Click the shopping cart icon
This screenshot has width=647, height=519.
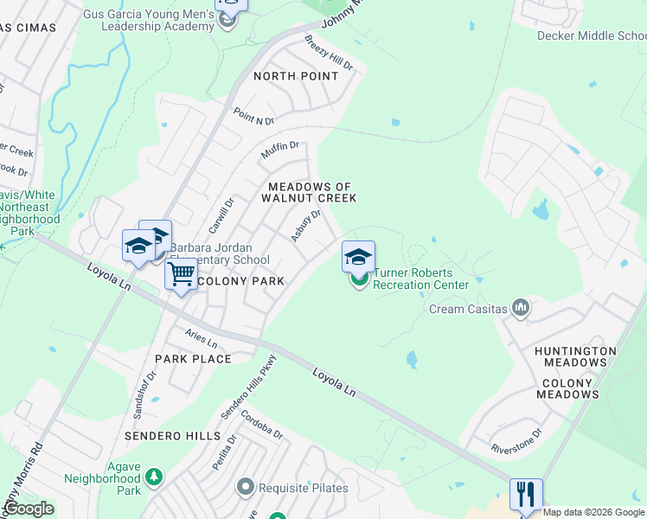click(182, 275)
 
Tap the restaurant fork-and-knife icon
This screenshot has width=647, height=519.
click(526, 495)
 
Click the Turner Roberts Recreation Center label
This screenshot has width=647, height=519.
click(420, 278)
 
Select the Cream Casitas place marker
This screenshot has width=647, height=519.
click(520, 308)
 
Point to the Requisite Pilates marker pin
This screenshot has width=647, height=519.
click(246, 488)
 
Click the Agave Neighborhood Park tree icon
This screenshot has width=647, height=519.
click(154, 477)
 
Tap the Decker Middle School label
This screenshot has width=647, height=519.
click(592, 35)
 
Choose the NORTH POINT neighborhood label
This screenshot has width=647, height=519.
click(296, 76)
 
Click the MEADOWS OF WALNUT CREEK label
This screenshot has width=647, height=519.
click(312, 192)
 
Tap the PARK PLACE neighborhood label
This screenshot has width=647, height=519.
click(193, 359)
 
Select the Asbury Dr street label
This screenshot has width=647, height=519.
click(306, 225)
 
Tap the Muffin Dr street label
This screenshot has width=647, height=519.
click(280, 151)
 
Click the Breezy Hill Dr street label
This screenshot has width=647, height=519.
click(330, 53)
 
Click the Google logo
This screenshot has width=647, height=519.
click(29, 508)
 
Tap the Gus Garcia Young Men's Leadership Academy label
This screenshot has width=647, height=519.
click(149, 20)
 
